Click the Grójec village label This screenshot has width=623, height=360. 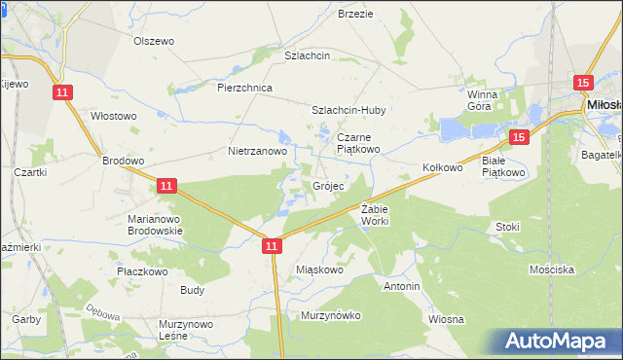point(327,186)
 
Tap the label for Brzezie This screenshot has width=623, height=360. point(355,14)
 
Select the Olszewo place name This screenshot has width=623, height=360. point(153,41)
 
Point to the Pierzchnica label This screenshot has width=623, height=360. point(244,88)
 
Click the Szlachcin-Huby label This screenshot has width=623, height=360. point(348,111)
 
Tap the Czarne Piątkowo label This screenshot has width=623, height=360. point(359,144)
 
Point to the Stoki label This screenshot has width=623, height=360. point(507,227)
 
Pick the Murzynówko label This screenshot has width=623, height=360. point(331,315)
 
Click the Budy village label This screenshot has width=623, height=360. point(192,290)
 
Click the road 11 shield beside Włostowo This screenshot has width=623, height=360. point(62,91)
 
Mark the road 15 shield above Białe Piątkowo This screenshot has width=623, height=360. point(518,138)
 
